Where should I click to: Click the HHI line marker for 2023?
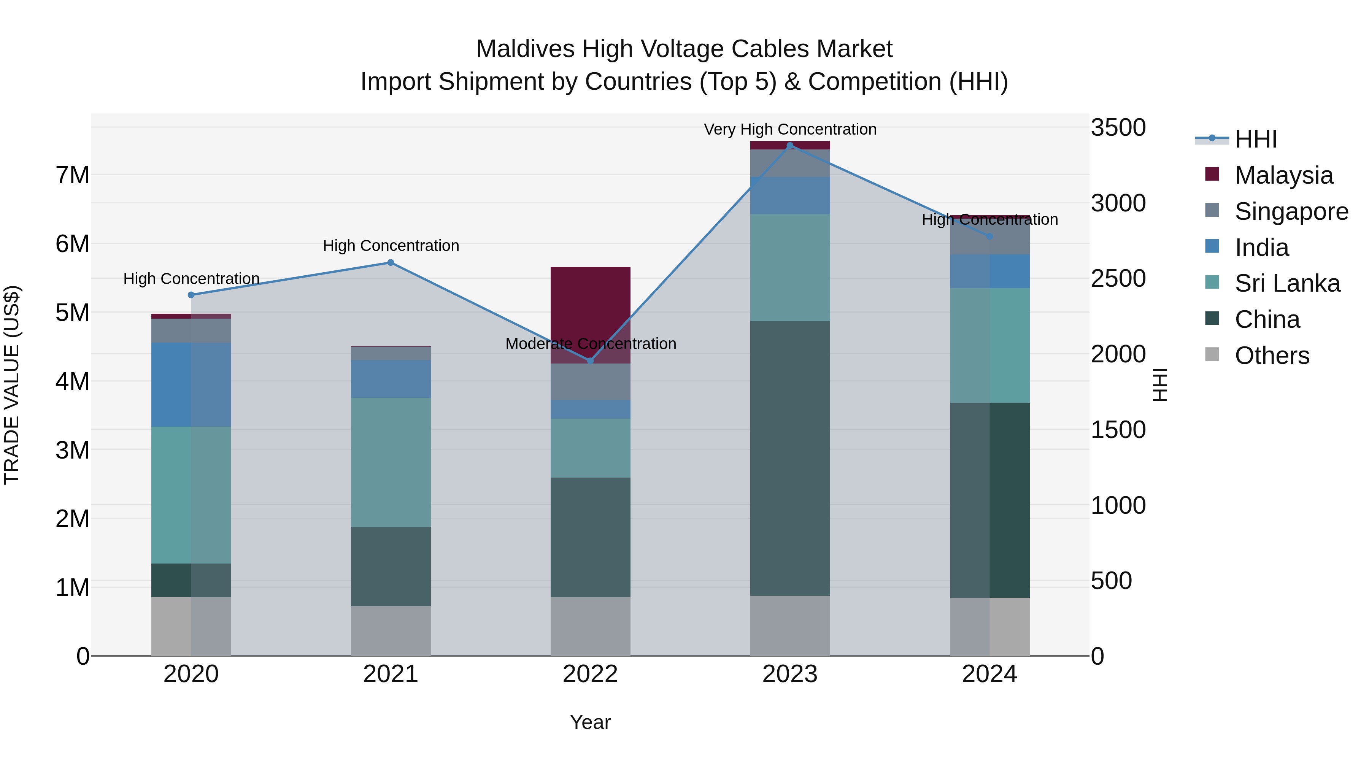click(x=790, y=146)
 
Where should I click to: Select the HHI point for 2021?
click(x=391, y=262)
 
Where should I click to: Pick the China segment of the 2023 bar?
click(x=790, y=458)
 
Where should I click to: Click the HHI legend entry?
click(x=1255, y=139)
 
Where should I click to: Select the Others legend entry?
click(x=1271, y=355)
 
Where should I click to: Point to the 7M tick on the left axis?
click(x=72, y=175)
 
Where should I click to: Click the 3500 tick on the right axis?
click(x=1118, y=127)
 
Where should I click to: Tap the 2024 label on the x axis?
click(x=989, y=674)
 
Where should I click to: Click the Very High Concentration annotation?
click(x=790, y=129)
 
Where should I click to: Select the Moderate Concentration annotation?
click(x=591, y=344)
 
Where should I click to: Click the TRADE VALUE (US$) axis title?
click(x=12, y=385)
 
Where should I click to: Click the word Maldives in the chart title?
click(x=524, y=49)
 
